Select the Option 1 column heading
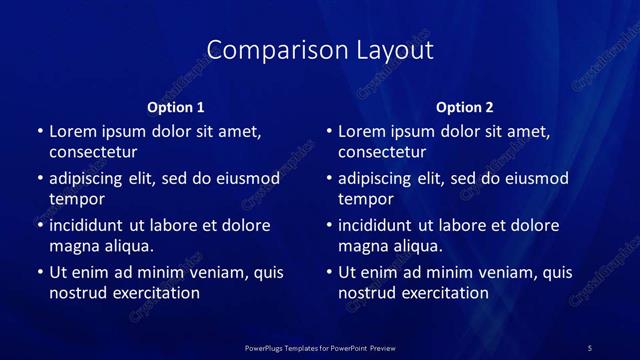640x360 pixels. coord(176,107)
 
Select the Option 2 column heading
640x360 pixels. coord(465,107)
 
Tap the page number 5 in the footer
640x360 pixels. coord(590,347)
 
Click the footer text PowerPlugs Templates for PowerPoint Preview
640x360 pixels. coord(320,347)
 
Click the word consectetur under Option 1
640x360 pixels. coord(93,152)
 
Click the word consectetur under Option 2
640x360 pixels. coord(383,152)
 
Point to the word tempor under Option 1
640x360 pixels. coord(77,199)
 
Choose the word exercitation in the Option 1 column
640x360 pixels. coord(155,293)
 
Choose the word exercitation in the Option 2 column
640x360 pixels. coord(445,293)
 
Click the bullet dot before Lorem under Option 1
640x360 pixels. coord(39,132)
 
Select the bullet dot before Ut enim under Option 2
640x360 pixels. coord(329,272)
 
